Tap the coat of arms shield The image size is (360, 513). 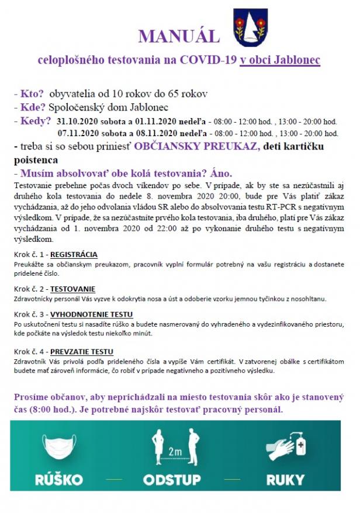(251, 27)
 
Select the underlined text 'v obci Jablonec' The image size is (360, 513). (280, 60)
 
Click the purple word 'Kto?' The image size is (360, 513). (32, 94)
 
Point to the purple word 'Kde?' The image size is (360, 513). (33, 108)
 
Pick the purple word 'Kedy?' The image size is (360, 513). (36, 121)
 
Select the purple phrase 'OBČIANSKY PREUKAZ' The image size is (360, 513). (196, 146)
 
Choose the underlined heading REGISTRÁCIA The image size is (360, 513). (74, 255)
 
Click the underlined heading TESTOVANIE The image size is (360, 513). (72, 289)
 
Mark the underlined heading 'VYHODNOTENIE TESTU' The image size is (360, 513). (91, 314)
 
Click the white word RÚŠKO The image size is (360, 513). (59, 480)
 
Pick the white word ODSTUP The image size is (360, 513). (172, 480)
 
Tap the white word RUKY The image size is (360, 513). (286, 480)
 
